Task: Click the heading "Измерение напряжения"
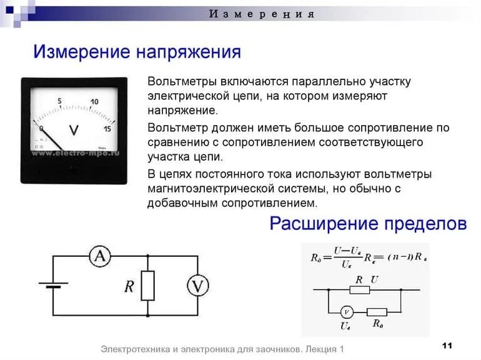click(x=137, y=52)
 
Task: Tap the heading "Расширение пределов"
click(x=368, y=224)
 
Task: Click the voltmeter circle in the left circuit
click(x=198, y=286)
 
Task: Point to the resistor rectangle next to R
click(x=147, y=286)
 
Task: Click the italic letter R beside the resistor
click(x=129, y=286)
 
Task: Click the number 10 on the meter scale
click(x=94, y=102)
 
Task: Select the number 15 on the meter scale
click(x=107, y=129)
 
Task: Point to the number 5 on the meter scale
click(x=59, y=101)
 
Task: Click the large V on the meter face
click(x=74, y=130)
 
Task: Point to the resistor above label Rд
click(x=377, y=312)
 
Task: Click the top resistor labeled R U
click(x=359, y=290)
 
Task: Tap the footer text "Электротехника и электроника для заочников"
click(x=199, y=349)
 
